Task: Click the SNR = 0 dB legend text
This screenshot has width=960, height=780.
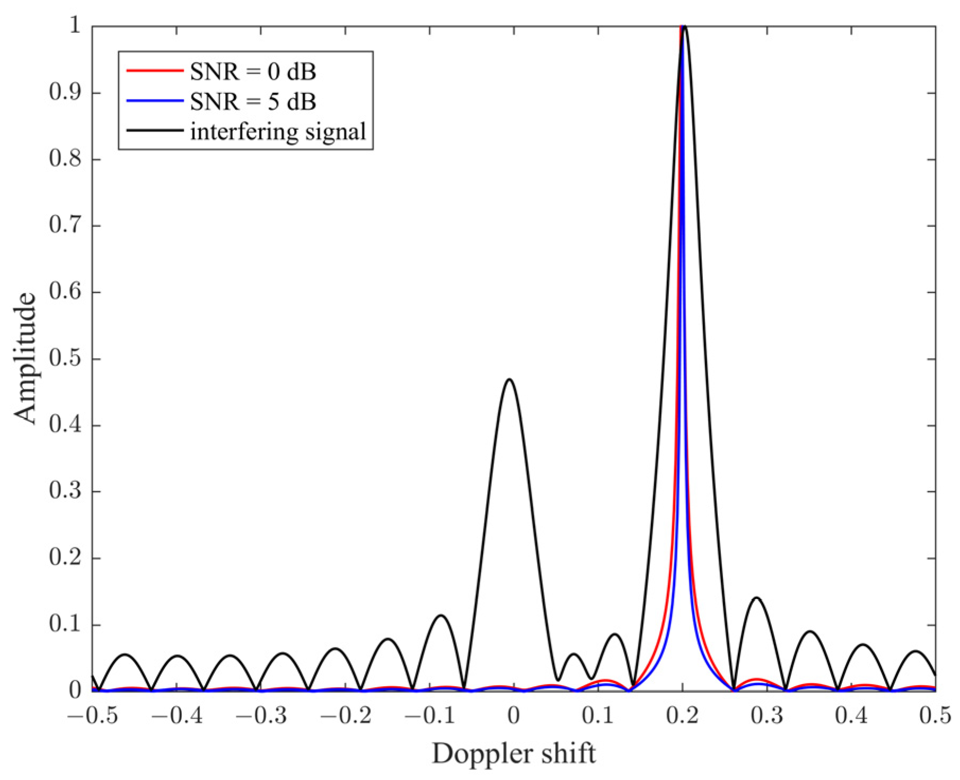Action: [x=253, y=72]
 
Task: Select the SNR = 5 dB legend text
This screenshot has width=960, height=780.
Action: [x=253, y=101]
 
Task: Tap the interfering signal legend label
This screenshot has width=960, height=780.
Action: [x=278, y=131]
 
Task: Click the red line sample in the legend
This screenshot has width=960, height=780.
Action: [x=154, y=70]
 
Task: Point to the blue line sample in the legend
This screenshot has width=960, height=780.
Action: [x=154, y=100]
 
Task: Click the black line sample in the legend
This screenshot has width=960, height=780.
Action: [x=154, y=130]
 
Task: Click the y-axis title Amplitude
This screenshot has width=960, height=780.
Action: [x=25, y=358]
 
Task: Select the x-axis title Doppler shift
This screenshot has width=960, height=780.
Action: [x=513, y=753]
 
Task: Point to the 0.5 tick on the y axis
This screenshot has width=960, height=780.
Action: [x=65, y=359]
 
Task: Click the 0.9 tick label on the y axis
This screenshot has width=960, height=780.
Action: [x=65, y=93]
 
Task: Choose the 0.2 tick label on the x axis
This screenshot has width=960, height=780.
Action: [x=682, y=716]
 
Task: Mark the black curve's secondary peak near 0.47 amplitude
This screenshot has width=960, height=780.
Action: [x=509, y=379]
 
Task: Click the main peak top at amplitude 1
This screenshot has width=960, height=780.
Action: [x=684, y=26]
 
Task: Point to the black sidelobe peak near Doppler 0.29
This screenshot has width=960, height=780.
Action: [x=756, y=598]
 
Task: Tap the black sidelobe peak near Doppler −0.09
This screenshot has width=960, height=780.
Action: [x=441, y=615]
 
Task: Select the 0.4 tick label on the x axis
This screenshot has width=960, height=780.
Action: [x=851, y=716]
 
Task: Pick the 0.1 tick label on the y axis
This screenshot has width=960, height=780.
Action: [x=65, y=625]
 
